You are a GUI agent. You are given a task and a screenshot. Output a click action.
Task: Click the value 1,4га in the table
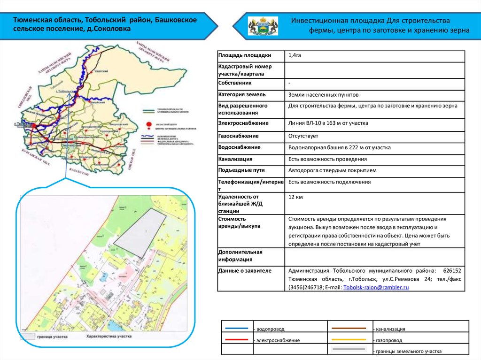295,56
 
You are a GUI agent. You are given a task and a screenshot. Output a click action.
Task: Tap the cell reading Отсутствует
303,136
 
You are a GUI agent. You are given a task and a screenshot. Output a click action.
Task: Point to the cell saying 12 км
295,197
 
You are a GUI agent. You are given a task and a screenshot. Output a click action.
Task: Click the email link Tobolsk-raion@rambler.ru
376,287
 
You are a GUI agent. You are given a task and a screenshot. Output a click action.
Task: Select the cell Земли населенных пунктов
318,95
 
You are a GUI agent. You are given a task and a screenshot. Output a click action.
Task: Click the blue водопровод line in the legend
237,328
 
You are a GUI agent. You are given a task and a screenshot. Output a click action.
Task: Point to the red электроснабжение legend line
237,339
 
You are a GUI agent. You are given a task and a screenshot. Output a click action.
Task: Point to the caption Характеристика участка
109,337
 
